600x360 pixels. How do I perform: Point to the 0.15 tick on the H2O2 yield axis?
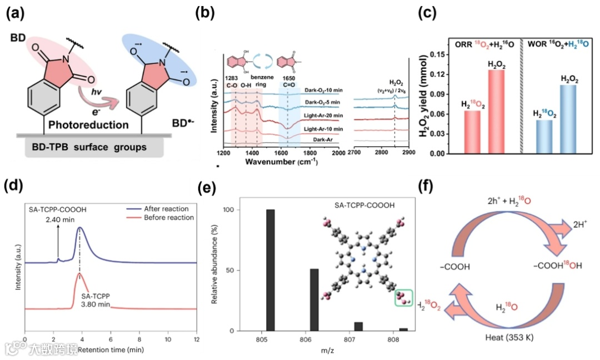coord(439,53)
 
